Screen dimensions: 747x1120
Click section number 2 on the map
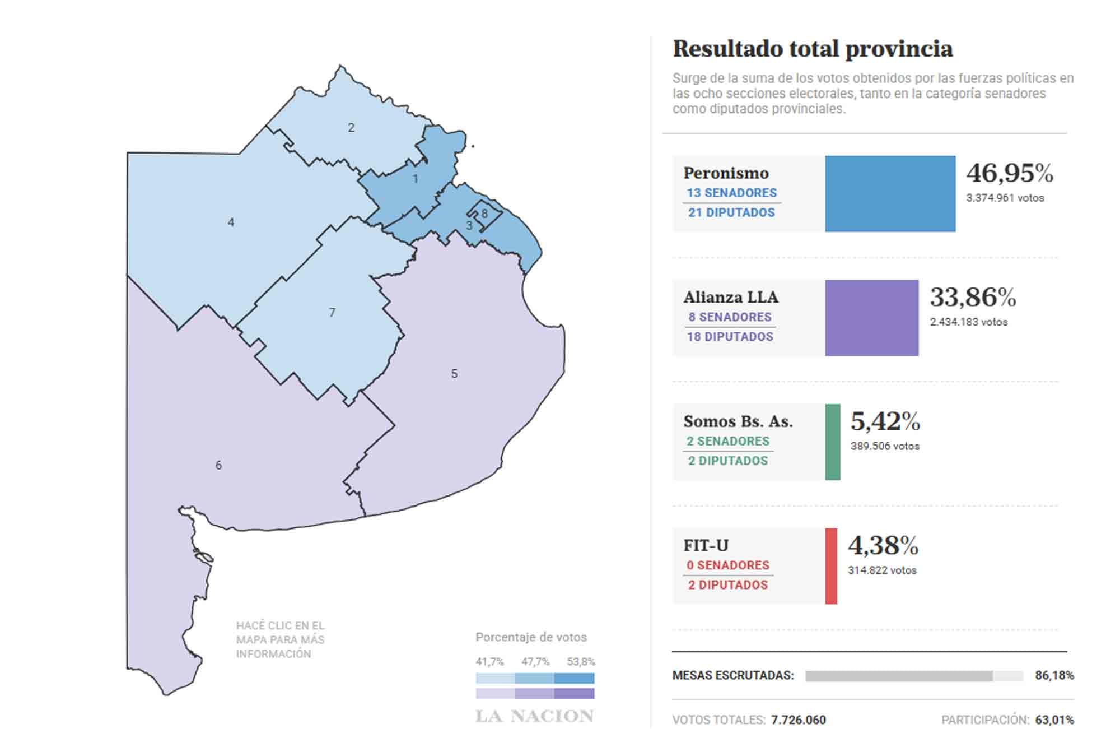coord(351,128)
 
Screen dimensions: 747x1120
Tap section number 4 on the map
coord(231,222)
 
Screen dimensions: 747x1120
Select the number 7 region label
coord(332,313)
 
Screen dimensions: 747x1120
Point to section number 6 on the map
coord(218,465)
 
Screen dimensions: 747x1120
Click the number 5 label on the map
coord(454,374)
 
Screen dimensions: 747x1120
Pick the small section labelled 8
coord(484,214)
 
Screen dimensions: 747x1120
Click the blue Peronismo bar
coord(890,194)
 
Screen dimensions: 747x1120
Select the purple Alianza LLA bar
coord(871,318)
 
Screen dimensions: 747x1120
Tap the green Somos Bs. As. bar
coord(833,442)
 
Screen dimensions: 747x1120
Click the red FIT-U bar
coord(831,566)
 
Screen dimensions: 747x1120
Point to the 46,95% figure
coord(1010,173)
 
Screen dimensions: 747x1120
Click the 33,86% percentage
coord(973,298)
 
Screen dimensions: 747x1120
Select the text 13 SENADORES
coord(731,193)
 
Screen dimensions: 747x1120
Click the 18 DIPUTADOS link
coord(730,337)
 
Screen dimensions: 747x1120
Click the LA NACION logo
coord(534,716)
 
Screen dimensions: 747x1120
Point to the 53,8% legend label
coord(581,662)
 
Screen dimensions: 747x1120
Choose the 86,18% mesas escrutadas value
coord(1054,676)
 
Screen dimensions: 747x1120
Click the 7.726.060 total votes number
coord(798,720)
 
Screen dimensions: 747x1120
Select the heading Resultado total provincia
coord(813,49)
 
